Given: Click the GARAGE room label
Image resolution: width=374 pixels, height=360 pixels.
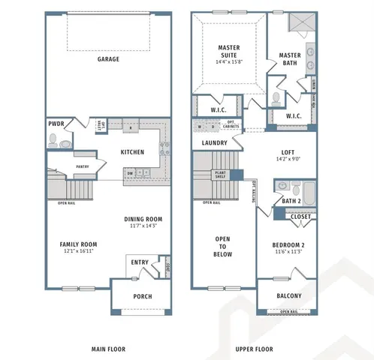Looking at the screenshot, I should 108,59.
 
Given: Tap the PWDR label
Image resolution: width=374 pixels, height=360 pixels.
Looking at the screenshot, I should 56,124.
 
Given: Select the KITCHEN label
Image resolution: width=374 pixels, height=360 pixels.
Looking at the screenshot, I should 133,152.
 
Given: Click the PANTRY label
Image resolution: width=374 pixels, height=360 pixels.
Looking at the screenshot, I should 83,167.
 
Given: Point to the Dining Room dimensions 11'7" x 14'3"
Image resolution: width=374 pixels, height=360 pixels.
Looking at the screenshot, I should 143,226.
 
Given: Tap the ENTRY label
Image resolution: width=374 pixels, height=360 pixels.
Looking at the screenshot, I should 140,262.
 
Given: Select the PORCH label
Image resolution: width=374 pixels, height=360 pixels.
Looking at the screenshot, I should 143,296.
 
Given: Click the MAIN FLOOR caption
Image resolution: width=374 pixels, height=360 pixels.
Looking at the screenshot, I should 108,349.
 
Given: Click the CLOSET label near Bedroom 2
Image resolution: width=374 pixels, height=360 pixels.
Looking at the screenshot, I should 300,217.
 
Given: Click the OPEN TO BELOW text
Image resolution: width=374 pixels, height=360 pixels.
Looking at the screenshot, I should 223,247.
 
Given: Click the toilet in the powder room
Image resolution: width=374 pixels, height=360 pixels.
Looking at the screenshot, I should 53,139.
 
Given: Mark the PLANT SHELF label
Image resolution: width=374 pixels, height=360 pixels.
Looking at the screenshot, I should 222,175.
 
